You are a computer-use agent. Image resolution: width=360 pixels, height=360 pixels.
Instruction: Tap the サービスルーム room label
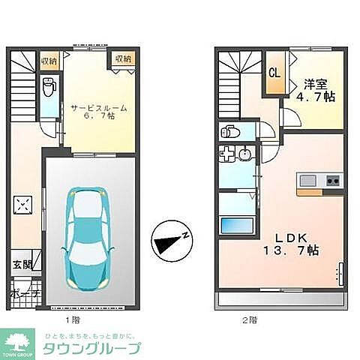(99, 107)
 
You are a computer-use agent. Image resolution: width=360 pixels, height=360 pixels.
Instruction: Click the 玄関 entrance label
(21, 263)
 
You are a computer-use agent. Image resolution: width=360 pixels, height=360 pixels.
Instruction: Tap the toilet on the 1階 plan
(49, 88)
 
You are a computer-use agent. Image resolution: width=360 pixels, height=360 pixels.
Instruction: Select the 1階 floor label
(73, 319)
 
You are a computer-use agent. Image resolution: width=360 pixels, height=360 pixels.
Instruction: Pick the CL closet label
(274, 73)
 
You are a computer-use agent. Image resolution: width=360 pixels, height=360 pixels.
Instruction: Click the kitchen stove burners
(332, 181)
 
